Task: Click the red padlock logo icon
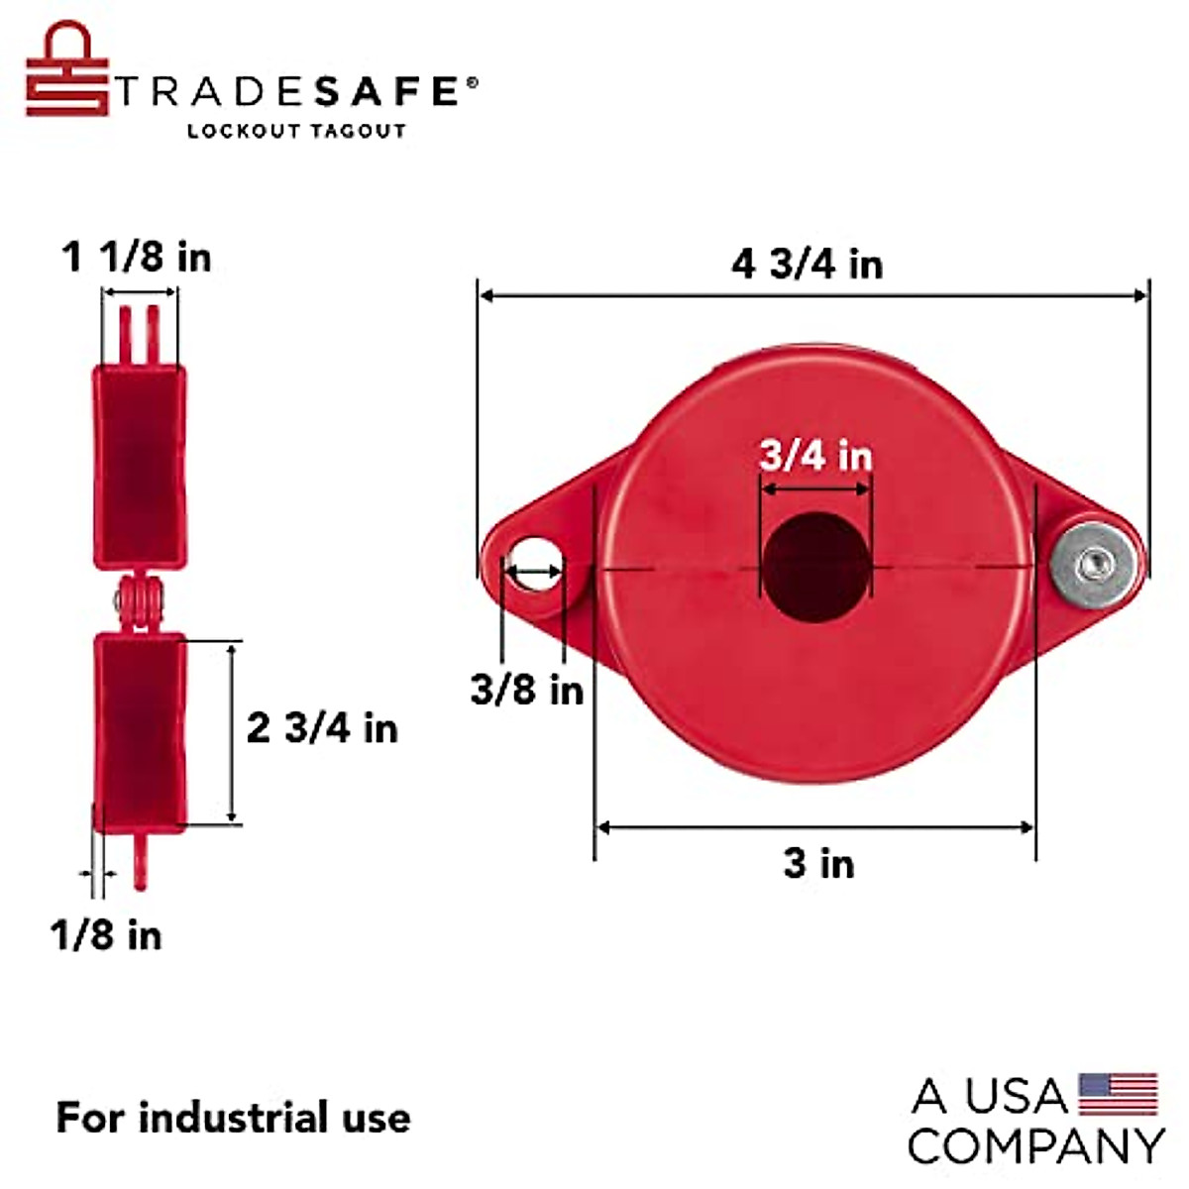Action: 65,71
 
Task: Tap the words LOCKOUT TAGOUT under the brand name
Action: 296,131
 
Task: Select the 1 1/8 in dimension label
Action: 137,258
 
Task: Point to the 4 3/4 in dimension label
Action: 807,265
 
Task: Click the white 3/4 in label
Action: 815,456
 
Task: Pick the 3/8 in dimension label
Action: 527,690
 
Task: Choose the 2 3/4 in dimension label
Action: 322,728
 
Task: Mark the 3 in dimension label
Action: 818,864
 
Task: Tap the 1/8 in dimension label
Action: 106,935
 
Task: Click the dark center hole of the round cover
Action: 814,568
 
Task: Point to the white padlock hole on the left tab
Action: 535,563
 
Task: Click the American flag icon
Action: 1118,1094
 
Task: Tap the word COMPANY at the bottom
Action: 1034,1146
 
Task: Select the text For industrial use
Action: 233,1118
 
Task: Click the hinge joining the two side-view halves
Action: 138,601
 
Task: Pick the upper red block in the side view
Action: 139,467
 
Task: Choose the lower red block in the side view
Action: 139,731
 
